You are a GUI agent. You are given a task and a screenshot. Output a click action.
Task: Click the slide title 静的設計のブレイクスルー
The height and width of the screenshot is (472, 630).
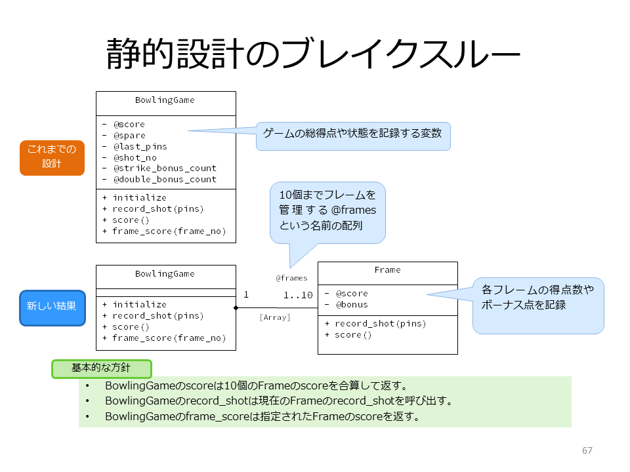313,54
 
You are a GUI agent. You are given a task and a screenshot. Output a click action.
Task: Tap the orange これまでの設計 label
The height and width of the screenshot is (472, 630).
52,158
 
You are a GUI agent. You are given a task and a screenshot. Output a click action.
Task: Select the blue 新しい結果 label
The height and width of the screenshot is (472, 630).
52,308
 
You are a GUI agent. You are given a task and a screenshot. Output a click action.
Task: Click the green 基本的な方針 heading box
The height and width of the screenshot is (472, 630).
102,368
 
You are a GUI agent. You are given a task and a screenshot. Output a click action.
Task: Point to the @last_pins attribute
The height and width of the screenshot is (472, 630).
140,146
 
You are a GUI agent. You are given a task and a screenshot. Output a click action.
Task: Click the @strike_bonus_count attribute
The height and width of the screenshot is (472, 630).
165,168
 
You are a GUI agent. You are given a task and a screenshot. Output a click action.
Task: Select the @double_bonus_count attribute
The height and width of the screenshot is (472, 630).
165,180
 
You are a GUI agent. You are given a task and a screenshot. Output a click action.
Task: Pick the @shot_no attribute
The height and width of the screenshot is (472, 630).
135,158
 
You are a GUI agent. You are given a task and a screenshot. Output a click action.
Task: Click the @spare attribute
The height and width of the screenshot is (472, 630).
129,136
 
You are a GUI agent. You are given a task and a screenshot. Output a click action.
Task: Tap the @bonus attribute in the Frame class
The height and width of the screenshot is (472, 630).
352,305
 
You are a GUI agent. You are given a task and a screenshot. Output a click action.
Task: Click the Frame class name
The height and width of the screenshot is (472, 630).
387,270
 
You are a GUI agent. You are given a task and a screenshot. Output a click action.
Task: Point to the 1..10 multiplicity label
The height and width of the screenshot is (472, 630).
298,296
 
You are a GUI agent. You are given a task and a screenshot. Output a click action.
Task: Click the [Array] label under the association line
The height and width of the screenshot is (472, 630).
275,317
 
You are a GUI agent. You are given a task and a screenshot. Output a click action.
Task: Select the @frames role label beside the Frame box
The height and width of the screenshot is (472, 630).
291,278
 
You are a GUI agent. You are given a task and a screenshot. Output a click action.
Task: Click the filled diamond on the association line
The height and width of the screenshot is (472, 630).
236,308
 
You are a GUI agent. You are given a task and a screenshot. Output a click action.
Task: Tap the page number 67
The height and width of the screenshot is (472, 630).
587,450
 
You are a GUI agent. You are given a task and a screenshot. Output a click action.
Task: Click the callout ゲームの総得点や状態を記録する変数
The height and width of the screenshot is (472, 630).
352,133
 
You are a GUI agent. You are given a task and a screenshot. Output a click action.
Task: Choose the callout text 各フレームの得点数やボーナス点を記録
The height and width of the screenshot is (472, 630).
537,297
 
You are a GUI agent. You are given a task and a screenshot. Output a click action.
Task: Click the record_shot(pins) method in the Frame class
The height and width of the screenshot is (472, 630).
380,323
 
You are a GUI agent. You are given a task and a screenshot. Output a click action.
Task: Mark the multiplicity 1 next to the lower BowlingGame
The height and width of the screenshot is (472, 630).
246,295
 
